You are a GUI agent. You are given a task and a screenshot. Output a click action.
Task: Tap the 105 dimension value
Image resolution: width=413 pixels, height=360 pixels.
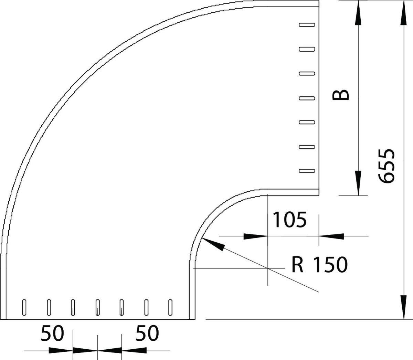pyautogui.click(x=289, y=220)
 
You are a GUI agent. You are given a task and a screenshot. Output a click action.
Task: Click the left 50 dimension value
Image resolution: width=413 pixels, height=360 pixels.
pyautogui.click(x=52, y=333)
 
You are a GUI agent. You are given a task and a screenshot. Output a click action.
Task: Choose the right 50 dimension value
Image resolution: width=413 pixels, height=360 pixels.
pyautogui.click(x=147, y=333)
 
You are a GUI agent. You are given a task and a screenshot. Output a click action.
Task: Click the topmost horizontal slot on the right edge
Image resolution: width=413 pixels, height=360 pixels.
pyautogui.click(x=307, y=25)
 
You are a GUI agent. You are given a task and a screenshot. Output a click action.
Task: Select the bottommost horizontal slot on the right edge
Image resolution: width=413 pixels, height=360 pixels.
pyautogui.click(x=307, y=171)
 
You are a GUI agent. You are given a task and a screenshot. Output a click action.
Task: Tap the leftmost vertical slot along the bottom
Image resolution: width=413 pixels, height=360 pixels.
pyautogui.click(x=24, y=307)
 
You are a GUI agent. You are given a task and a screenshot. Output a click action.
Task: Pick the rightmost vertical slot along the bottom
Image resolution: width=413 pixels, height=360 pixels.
pyautogui.click(x=170, y=307)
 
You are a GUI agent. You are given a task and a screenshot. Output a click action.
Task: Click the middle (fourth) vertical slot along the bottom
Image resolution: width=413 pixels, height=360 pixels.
pyautogui.click(x=98, y=307)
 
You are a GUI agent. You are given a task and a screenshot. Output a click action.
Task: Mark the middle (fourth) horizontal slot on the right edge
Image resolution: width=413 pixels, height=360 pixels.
pyautogui.click(x=307, y=98)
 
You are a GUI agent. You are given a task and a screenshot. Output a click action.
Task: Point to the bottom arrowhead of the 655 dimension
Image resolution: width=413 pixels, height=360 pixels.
pyautogui.click(x=403, y=307)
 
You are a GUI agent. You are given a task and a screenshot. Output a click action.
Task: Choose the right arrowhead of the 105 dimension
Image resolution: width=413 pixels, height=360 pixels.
pyautogui.click(x=332, y=236)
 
